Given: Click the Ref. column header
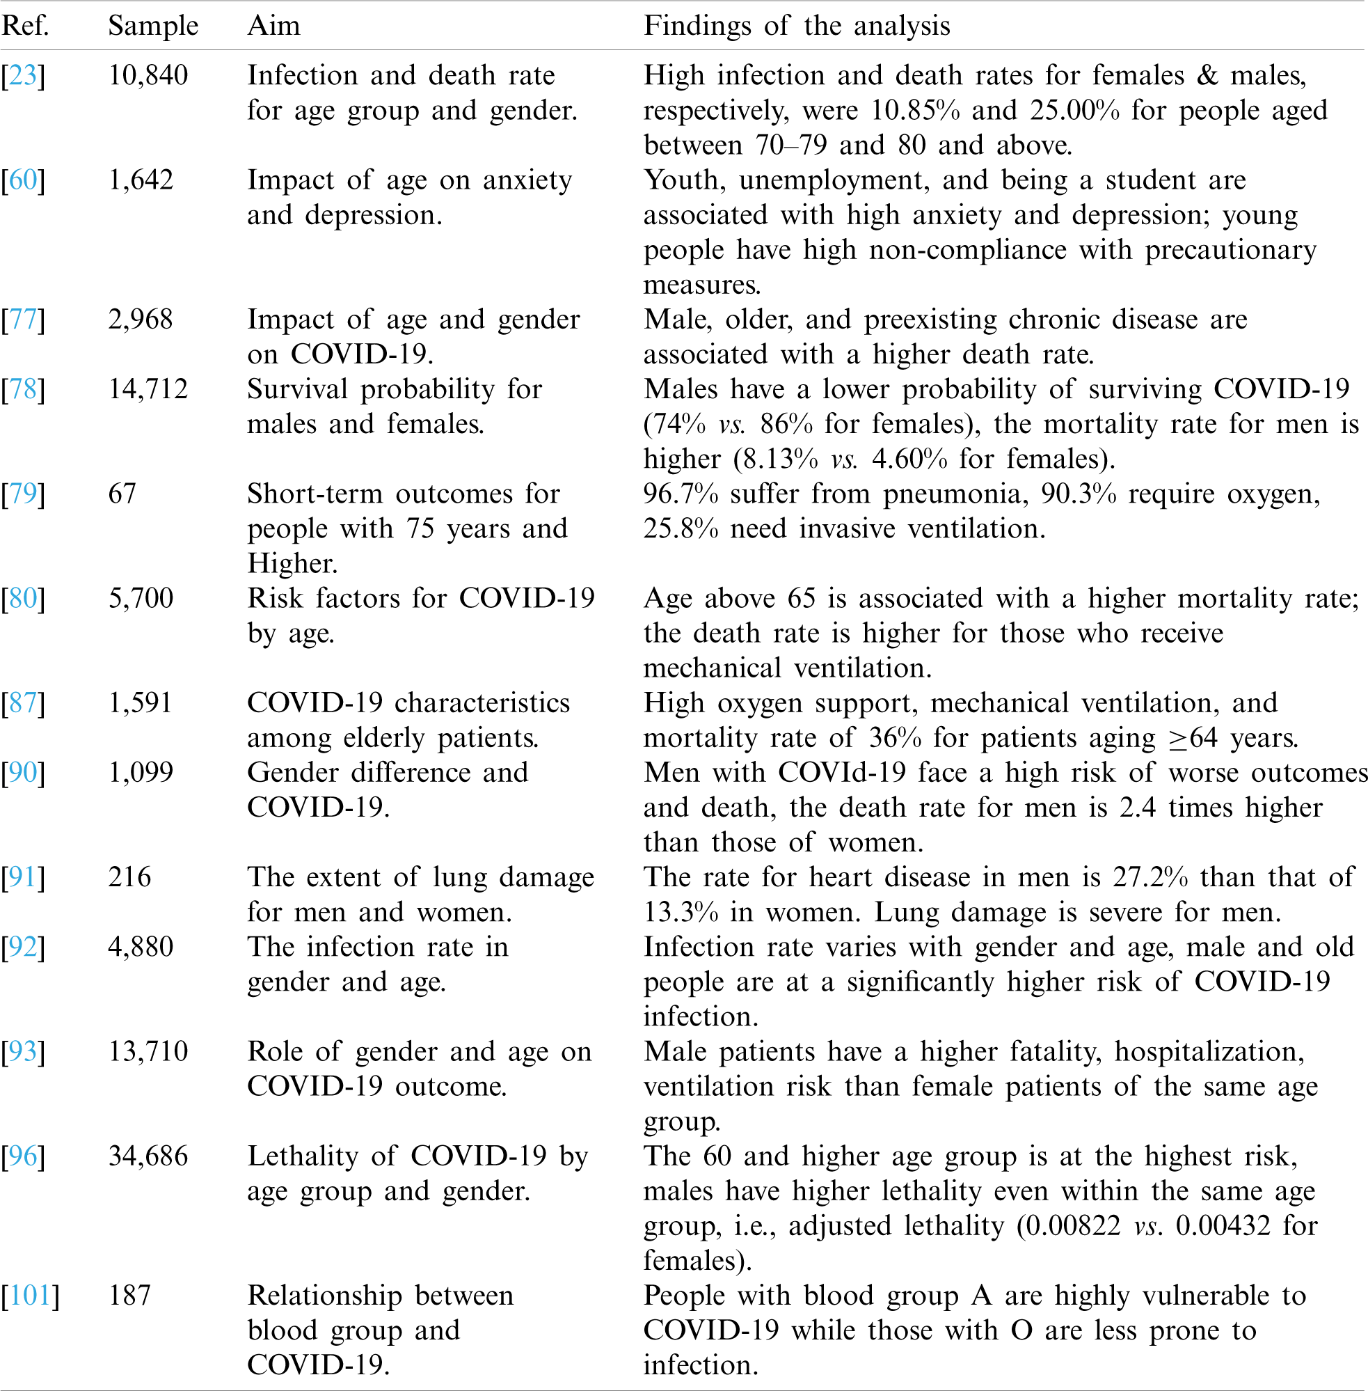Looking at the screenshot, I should (x=25, y=26).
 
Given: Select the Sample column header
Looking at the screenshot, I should (x=153, y=26).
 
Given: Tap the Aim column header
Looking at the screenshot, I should (x=273, y=26).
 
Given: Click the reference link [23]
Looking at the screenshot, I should (x=23, y=75).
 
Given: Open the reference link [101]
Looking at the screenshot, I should (x=30, y=1296).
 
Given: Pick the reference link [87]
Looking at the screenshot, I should (x=23, y=703).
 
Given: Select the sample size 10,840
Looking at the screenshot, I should (x=148, y=75).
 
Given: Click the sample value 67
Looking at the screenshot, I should (x=122, y=494).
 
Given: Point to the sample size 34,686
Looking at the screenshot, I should (x=148, y=1156).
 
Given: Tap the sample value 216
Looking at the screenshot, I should (x=129, y=877).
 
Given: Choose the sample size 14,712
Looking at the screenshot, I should (x=148, y=389).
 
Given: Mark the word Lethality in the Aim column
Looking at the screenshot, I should (x=303, y=1156).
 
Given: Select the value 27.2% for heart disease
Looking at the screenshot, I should (x=1150, y=877).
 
